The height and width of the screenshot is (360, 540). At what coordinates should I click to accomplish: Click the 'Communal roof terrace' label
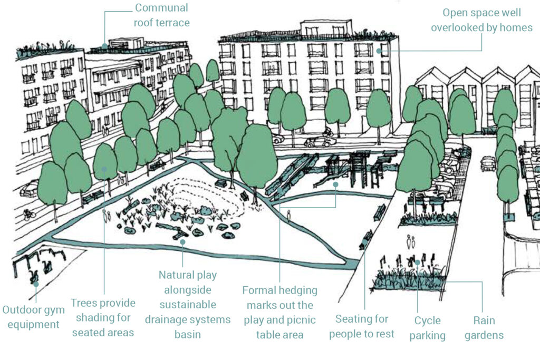tap(161, 15)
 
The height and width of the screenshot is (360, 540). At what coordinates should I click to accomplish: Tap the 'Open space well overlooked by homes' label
tap(481, 20)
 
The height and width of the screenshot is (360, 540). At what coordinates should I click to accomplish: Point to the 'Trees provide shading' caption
tap(103, 318)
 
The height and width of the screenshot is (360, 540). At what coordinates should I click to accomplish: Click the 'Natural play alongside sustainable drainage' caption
tap(187, 305)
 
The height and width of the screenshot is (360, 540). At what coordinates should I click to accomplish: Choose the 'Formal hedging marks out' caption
tap(280, 313)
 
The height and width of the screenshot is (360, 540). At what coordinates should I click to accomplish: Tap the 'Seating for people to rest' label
tap(362, 326)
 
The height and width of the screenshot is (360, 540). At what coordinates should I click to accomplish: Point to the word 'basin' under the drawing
tap(187, 335)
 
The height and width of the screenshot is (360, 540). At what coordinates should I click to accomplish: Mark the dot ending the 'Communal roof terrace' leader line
tap(104, 46)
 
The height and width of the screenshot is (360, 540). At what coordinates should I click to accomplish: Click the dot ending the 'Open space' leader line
tap(379, 51)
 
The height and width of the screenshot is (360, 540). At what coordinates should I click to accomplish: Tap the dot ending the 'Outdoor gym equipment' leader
tap(36, 284)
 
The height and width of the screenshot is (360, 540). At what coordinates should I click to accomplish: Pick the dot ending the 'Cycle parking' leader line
tap(417, 262)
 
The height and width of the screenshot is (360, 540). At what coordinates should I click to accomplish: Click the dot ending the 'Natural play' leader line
tap(182, 242)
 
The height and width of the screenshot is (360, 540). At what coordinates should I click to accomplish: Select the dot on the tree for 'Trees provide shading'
tap(104, 169)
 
